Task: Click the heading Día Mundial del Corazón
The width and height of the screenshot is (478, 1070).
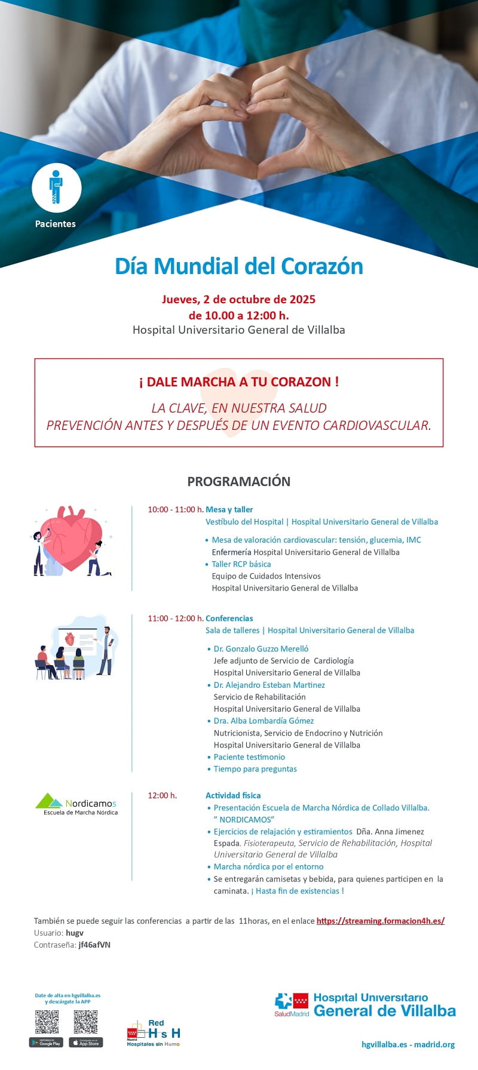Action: [239, 266]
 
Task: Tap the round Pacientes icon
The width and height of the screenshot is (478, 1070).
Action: [56, 187]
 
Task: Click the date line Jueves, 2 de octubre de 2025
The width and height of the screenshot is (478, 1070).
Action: [238, 299]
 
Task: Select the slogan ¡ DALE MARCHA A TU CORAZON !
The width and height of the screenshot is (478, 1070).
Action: [239, 382]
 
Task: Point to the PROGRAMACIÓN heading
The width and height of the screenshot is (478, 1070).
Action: [238, 481]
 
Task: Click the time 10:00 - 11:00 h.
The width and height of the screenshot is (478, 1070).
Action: [175, 509]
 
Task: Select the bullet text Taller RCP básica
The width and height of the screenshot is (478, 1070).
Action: [241, 564]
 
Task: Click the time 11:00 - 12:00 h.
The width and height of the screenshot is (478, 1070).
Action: [175, 618]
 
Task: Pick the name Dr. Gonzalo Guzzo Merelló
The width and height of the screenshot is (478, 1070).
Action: [261, 648]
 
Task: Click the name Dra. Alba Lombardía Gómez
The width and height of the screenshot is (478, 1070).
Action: [263, 721]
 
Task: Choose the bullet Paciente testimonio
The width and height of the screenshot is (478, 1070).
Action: [249, 757]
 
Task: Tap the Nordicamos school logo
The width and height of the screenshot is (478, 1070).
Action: [76, 804]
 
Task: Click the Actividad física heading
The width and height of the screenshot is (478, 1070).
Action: [233, 795]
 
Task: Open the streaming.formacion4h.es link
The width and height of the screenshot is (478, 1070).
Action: [380, 921]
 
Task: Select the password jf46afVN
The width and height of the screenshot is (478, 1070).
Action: [94, 945]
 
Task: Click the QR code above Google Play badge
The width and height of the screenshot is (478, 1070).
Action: [47, 1022]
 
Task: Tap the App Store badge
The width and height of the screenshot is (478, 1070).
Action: [85, 1043]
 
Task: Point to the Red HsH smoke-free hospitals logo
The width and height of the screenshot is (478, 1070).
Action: [154, 1033]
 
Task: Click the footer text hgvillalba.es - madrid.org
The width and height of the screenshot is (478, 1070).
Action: [408, 1044]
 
